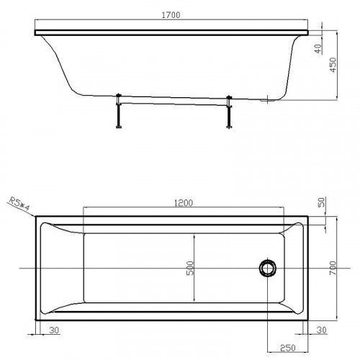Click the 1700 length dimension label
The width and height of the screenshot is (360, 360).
171,15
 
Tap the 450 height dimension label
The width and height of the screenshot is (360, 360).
333,65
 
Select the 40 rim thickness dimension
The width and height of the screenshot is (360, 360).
318,49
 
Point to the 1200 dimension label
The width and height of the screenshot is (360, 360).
184,203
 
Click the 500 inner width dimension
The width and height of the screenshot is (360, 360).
190,268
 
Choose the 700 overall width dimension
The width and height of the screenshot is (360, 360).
333,268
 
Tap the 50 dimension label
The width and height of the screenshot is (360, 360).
322,202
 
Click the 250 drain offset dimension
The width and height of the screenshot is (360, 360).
287,348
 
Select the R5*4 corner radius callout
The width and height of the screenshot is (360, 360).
19,204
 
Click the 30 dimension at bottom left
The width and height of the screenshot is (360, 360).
54,330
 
